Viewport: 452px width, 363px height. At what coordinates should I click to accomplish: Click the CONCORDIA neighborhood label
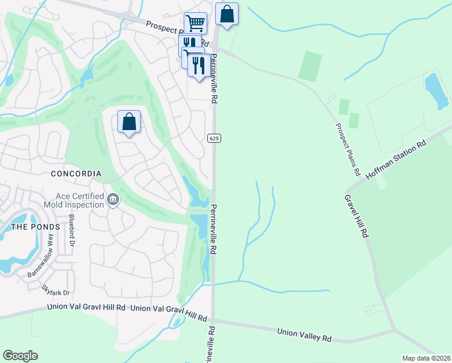click(76, 174)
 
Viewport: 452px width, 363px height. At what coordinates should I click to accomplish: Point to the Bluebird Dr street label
click(72, 231)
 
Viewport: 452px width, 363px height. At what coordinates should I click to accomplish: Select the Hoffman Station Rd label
click(396, 160)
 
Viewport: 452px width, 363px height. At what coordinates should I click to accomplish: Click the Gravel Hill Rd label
click(357, 215)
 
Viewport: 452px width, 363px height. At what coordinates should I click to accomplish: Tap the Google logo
click(20, 356)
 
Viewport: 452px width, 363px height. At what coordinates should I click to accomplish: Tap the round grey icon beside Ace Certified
click(112, 200)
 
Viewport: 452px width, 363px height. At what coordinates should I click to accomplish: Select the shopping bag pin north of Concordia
click(129, 122)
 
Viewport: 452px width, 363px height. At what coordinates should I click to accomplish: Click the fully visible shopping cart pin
click(195, 24)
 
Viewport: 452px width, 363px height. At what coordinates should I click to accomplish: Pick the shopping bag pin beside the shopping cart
click(227, 15)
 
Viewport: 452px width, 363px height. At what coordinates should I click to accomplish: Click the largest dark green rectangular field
click(310, 66)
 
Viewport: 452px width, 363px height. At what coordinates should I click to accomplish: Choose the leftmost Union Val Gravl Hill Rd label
click(86, 308)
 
